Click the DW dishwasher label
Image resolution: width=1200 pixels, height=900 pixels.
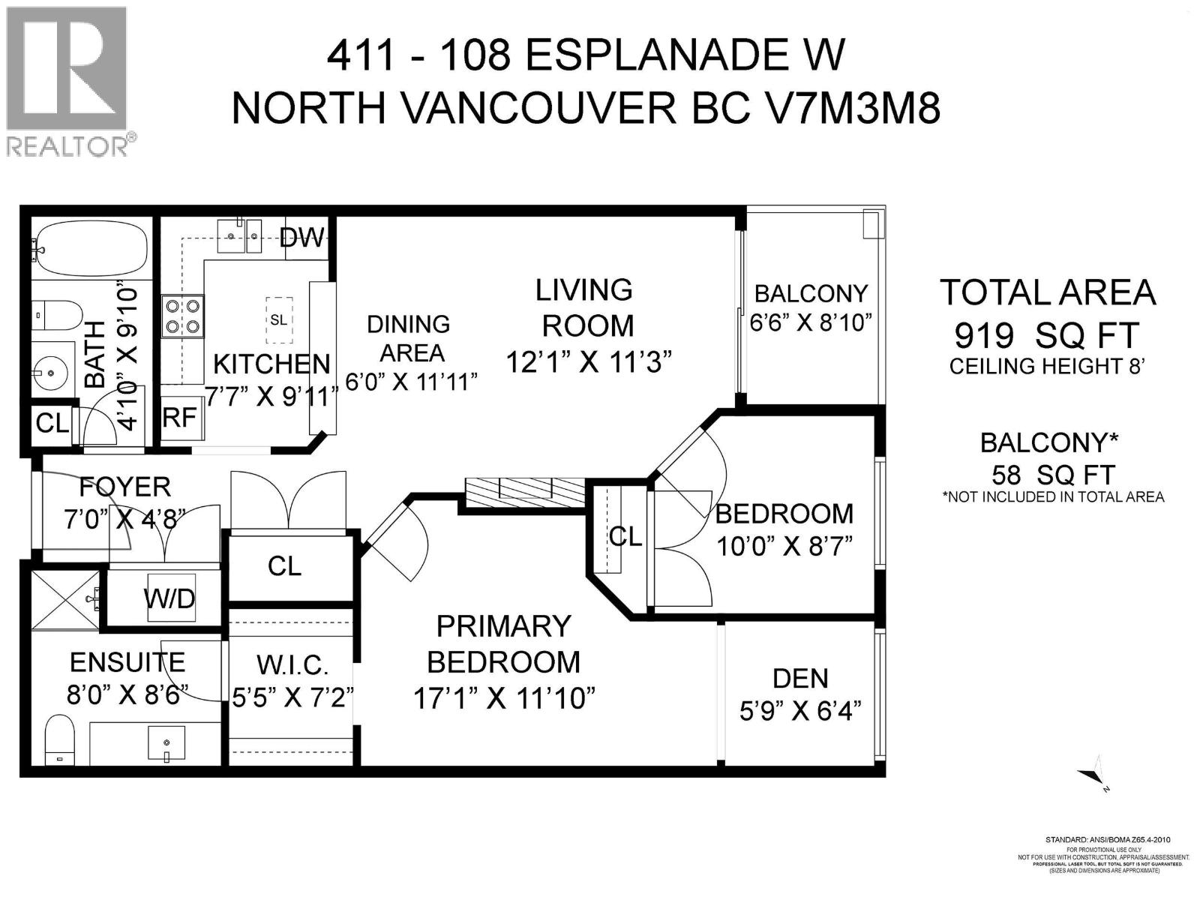[x=301, y=238]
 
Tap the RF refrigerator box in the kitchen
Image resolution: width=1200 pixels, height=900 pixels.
[x=180, y=418]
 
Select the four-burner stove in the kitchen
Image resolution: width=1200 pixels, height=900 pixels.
[x=183, y=316]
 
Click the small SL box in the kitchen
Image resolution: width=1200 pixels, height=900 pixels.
[x=278, y=320]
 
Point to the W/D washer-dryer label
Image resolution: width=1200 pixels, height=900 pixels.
[x=169, y=598]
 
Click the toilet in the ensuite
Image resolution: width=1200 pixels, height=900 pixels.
[x=58, y=739]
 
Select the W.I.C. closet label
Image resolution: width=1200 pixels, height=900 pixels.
[x=292, y=664]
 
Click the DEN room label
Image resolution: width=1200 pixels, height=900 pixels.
[x=800, y=678]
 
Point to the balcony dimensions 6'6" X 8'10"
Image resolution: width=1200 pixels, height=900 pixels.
[x=811, y=322]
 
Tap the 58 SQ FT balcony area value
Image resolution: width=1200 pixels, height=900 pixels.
[x=1052, y=475]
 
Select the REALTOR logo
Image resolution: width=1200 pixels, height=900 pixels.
[x=67, y=80]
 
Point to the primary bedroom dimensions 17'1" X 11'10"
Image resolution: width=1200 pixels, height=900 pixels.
[x=504, y=699]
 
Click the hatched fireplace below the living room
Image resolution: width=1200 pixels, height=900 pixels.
[x=524, y=491]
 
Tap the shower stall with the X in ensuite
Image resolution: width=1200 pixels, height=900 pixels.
[x=64, y=599]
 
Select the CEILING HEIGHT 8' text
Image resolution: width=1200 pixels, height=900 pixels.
[x=1046, y=367]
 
